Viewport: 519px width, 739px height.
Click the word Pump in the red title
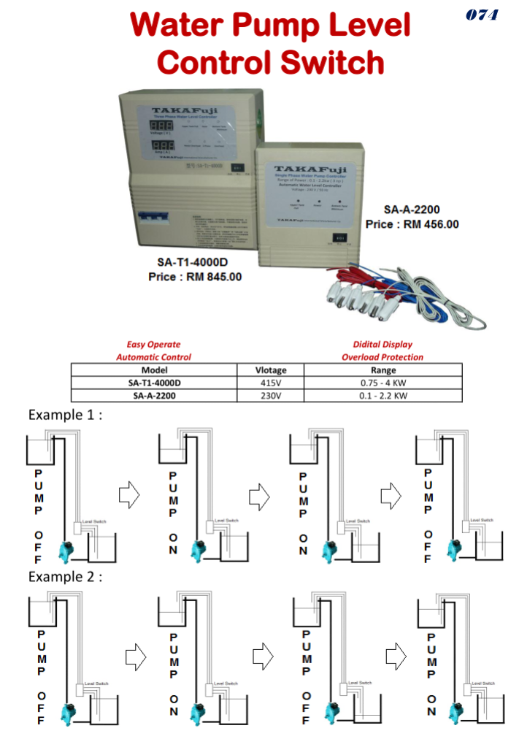coord(277,26)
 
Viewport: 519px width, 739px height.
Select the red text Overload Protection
coord(382,357)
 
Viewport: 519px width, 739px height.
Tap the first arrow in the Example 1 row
coord(129,496)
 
